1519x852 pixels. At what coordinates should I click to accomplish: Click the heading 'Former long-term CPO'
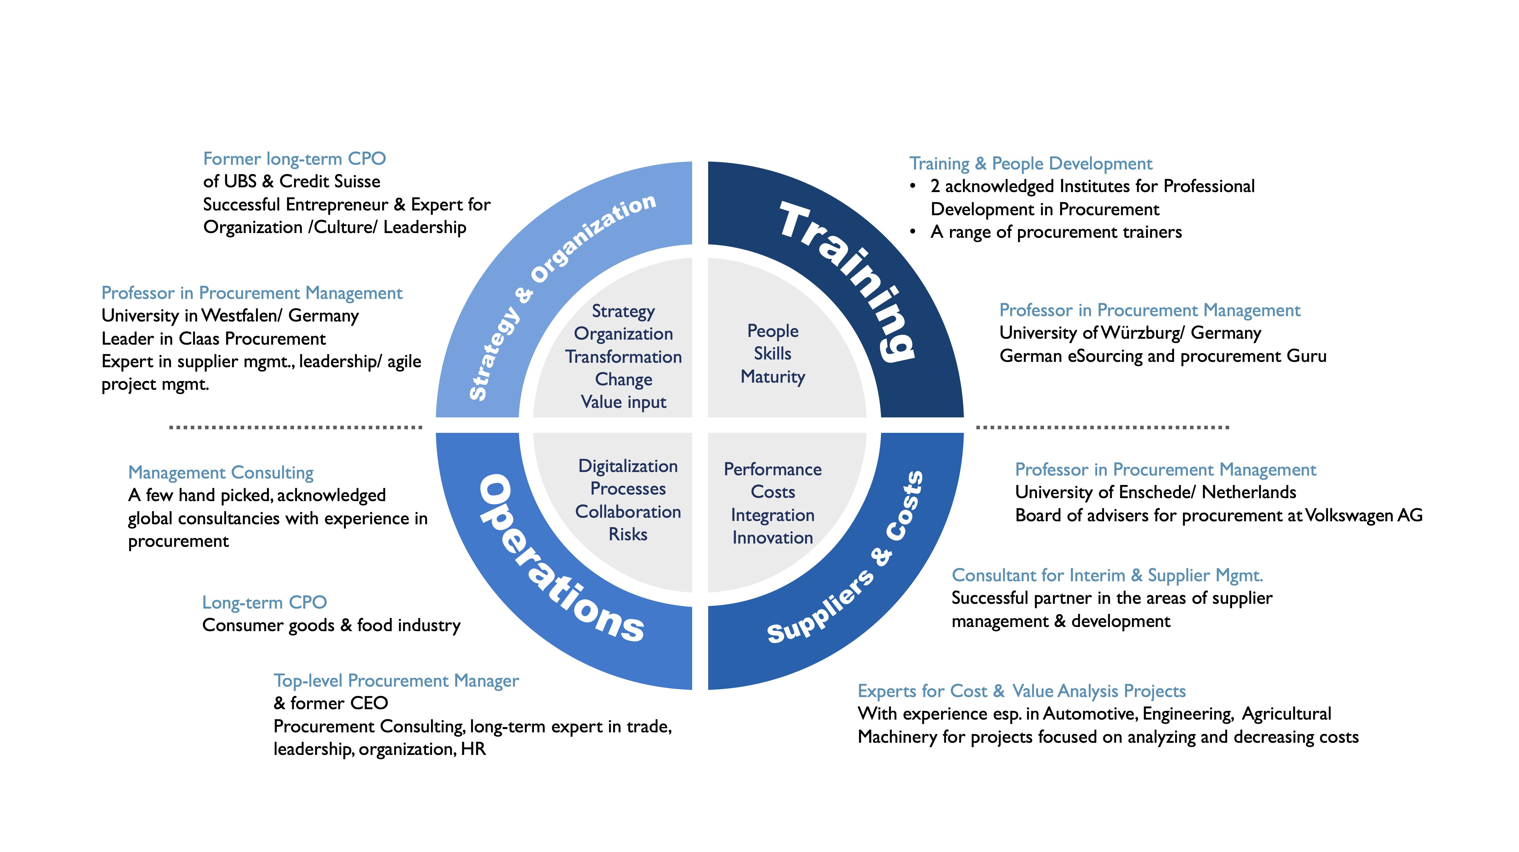tap(294, 159)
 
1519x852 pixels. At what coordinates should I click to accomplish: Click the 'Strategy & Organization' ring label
tap(560, 295)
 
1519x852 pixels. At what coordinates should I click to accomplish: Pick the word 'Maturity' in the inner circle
tap(773, 376)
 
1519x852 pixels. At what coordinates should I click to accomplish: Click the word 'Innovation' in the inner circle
tap(773, 538)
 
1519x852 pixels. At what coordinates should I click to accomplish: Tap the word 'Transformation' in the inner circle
tap(623, 356)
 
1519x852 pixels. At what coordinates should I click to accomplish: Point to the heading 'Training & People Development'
tap(1030, 164)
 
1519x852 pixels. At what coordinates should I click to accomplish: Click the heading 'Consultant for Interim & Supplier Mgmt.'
tap(1107, 575)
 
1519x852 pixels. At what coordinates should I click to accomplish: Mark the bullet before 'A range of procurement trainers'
tap(913, 232)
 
